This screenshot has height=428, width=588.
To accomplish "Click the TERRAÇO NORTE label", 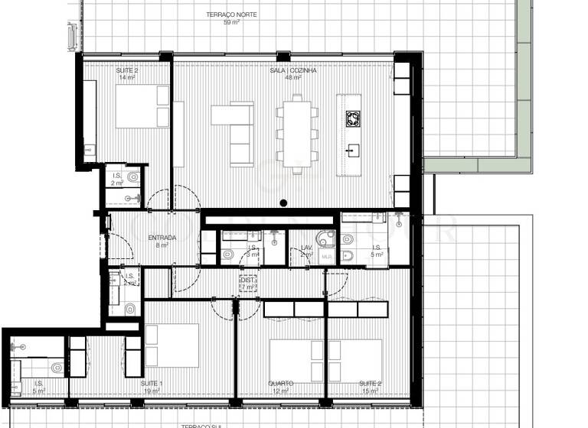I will [x=230, y=15].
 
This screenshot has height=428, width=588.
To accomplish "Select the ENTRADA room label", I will [x=162, y=238].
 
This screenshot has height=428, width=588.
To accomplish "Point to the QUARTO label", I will [x=281, y=383].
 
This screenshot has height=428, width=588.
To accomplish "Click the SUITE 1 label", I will [x=151, y=383].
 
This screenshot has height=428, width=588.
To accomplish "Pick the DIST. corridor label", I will [x=247, y=280].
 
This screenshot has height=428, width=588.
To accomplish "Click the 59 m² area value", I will [x=230, y=22].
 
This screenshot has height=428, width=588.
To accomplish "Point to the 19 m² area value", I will [x=151, y=391].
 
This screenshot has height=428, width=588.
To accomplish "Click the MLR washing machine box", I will [x=326, y=257].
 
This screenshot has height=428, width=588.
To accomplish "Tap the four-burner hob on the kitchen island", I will [x=353, y=118].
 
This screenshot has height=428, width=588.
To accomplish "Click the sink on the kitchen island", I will [x=353, y=149].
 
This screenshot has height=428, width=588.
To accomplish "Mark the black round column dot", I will [x=283, y=203].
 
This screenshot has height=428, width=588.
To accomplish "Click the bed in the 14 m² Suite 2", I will [x=142, y=106].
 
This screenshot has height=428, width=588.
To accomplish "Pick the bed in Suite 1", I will [x=171, y=345].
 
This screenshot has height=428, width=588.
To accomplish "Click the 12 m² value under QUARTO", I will [x=281, y=391].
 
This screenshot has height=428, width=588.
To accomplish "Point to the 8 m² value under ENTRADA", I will [x=162, y=245].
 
